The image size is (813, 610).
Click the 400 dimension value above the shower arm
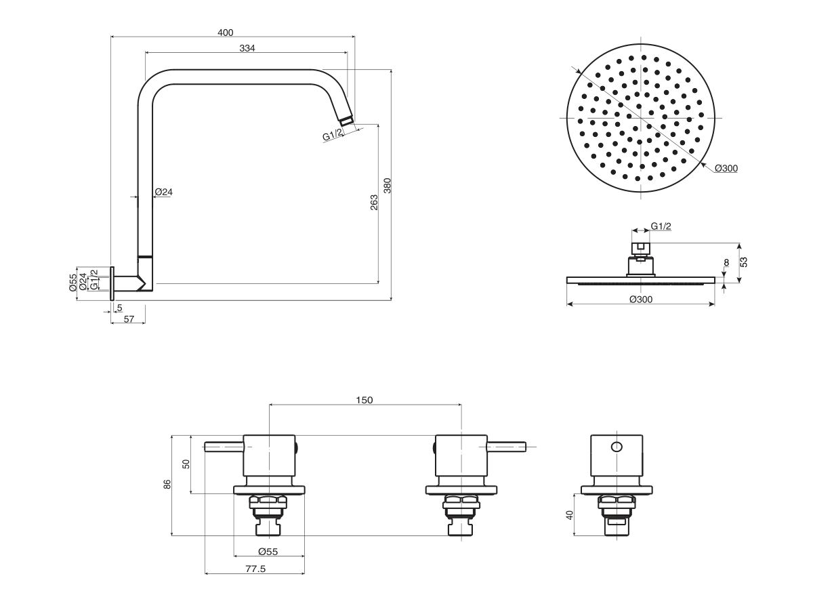click(226, 33)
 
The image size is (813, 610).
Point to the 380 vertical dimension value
click(387, 185)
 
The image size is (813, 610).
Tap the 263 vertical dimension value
click(374, 203)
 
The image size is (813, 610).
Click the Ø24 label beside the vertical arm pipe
click(164, 192)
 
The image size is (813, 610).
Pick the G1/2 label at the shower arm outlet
click(333, 136)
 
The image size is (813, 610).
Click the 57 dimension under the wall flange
click(127, 319)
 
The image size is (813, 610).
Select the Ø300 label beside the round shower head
click(726, 168)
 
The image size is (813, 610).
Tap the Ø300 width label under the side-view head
click(640, 300)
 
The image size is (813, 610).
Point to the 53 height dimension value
click(743, 262)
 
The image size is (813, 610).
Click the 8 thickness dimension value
click(726, 262)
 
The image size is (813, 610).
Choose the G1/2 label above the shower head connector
click(661, 226)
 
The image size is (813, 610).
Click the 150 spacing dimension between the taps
click(364, 400)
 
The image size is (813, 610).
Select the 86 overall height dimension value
click(167, 484)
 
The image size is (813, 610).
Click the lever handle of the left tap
click(224, 446)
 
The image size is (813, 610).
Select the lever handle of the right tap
click(507, 446)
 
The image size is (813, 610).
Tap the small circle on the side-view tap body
click(616, 447)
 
